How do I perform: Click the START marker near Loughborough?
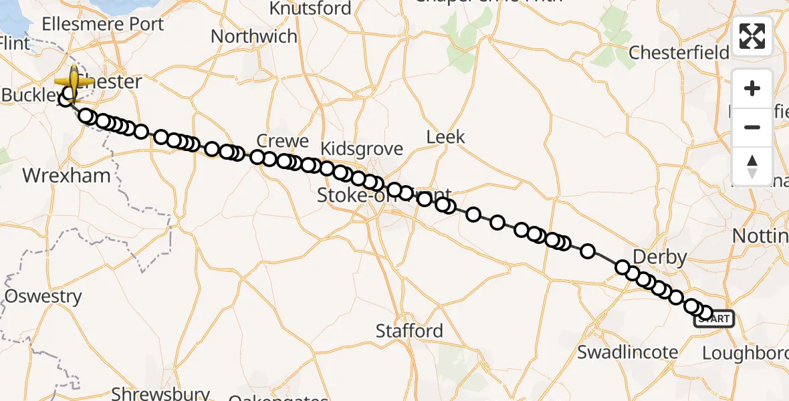click(715, 319)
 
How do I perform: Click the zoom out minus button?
click(752, 127)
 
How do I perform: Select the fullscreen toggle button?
click(752, 36)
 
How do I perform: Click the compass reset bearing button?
click(752, 166)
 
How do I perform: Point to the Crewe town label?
click(284, 141)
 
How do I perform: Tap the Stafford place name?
click(409, 330)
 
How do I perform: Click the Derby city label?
click(659, 257)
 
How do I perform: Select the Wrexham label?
click(66, 176)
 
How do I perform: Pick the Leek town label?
click(445, 137)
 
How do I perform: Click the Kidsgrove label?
click(362, 148)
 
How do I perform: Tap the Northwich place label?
click(253, 36)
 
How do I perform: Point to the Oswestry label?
click(43, 296)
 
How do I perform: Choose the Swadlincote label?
click(627, 352)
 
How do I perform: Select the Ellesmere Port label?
click(102, 24)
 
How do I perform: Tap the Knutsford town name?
click(310, 8)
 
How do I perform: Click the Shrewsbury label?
click(160, 393)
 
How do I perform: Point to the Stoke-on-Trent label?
click(383, 195)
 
